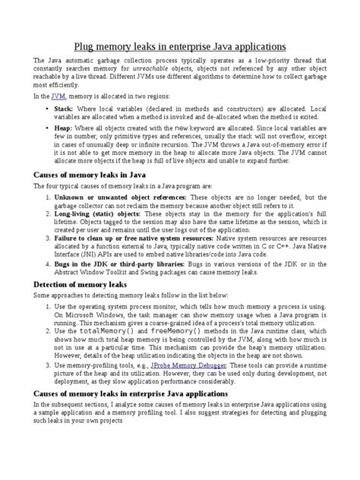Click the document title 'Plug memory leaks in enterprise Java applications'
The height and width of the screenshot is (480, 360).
[179, 46]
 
